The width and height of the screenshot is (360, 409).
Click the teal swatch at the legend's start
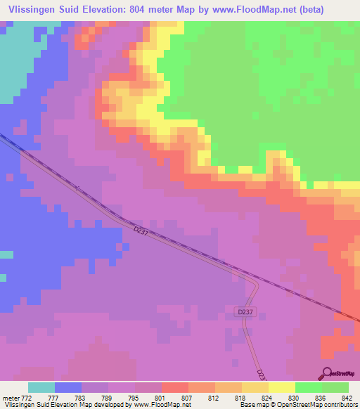pyautogui.click(x=41, y=387)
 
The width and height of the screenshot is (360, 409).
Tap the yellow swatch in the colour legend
pyautogui.click(x=281, y=387)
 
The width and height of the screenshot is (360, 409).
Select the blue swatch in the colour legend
pyautogui.click(x=68, y=387)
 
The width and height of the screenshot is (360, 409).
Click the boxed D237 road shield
pyautogui.click(x=244, y=311)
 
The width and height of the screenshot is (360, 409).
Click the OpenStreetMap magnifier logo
pyautogui.click(x=326, y=373)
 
